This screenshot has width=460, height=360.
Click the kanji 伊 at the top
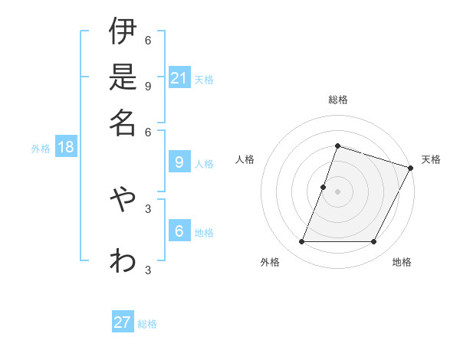click(x=123, y=31)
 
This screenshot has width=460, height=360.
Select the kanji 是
click(x=123, y=76)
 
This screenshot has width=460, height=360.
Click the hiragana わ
click(x=123, y=260)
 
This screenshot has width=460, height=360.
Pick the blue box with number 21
click(x=179, y=78)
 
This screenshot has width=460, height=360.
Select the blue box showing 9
click(x=179, y=162)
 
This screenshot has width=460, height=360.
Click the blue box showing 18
click(x=65, y=147)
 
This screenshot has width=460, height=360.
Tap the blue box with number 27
click(x=123, y=322)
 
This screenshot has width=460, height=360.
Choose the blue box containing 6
click(x=179, y=231)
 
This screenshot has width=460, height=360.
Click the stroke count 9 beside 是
click(x=147, y=86)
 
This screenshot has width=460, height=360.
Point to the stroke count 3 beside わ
click(x=147, y=270)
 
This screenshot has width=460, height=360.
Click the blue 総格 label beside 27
click(x=147, y=324)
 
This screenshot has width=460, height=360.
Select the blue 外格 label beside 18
click(x=41, y=149)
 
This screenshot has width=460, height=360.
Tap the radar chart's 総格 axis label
click(x=337, y=100)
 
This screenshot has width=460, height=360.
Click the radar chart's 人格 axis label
click(x=245, y=159)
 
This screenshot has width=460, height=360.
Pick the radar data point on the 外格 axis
click(x=301, y=242)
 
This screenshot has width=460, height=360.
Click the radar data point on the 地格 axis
click(x=374, y=242)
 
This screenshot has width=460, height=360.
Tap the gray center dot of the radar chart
click(x=337, y=191)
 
